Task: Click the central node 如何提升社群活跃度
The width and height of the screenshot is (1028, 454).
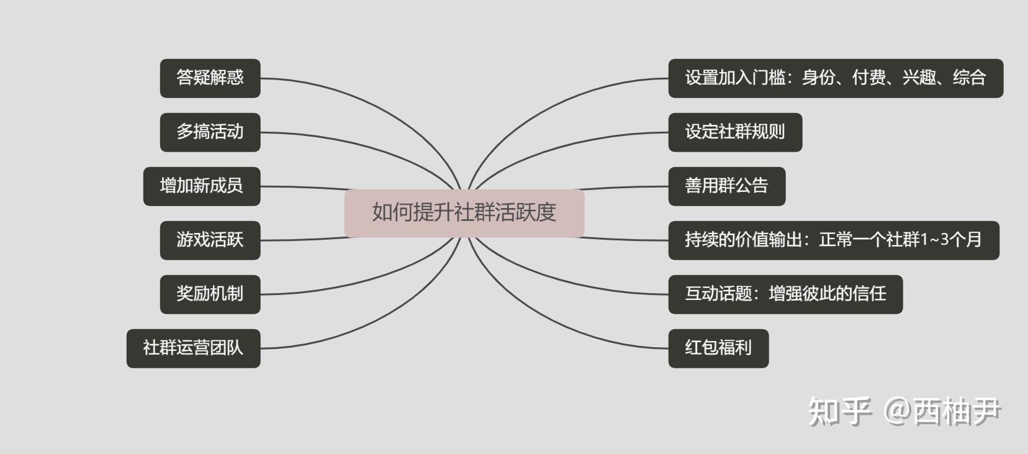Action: click(x=464, y=213)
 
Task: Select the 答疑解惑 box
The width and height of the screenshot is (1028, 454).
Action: click(x=210, y=78)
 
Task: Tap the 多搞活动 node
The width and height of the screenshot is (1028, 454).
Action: click(x=210, y=132)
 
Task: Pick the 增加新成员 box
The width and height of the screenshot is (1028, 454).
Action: click(x=201, y=186)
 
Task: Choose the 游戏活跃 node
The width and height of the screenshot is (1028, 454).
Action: click(x=210, y=240)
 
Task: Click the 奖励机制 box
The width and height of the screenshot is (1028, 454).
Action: click(x=210, y=294)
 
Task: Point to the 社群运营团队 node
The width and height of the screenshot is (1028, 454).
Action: click(x=193, y=348)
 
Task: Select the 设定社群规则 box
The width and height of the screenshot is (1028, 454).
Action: click(x=735, y=132)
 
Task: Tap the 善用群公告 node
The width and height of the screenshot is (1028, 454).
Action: click(x=726, y=186)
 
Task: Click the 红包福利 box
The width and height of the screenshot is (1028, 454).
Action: click(x=718, y=348)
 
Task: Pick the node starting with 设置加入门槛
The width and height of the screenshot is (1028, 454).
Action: click(x=835, y=78)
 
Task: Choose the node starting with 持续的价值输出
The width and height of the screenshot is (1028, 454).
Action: click(x=833, y=240)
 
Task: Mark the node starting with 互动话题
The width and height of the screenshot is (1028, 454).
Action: click(x=785, y=294)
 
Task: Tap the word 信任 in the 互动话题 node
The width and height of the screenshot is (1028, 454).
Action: click(x=870, y=294)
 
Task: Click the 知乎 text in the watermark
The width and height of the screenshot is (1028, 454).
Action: click(x=839, y=412)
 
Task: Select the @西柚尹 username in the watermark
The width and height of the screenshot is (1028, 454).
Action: click(x=942, y=412)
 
